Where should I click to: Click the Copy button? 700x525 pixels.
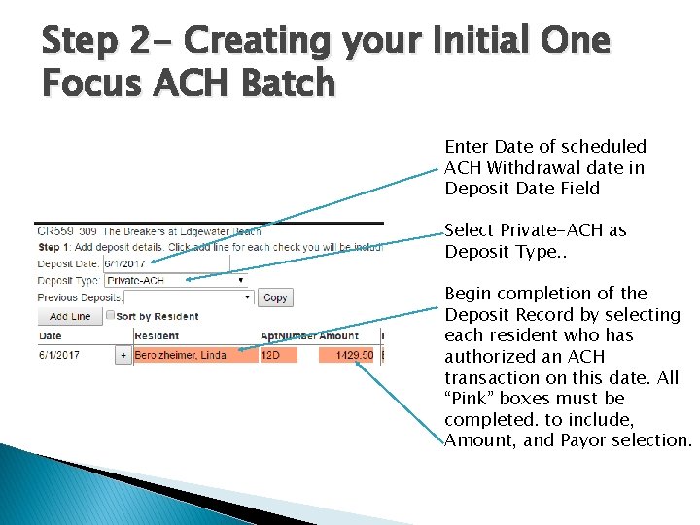275,297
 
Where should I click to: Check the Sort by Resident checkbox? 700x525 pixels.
110,316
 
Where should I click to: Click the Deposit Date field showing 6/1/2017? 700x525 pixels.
165,263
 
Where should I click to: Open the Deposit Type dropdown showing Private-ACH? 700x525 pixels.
175,280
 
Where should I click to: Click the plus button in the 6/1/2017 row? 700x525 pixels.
123,356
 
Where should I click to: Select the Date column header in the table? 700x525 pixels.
50,335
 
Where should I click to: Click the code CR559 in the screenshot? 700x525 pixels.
54,232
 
